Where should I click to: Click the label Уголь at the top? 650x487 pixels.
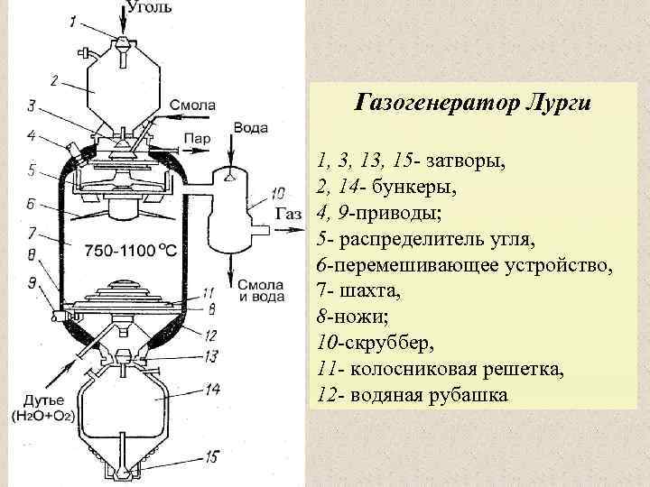click(149, 7)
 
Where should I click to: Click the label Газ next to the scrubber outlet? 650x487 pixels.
click(287, 216)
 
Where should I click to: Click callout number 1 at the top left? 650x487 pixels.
click(72, 20)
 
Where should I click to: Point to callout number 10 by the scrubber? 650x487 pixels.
click(277, 192)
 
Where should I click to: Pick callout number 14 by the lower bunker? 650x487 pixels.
click(213, 391)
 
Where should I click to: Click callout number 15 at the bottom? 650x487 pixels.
click(209, 457)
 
